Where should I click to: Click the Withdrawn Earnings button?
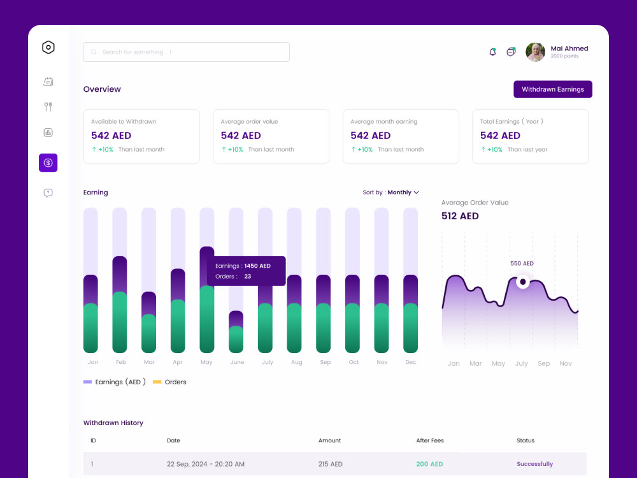(552, 89)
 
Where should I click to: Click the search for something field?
(187, 52)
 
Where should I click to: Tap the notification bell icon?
(493, 52)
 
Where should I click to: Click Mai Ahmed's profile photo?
(535, 52)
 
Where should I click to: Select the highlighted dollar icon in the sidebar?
(48, 163)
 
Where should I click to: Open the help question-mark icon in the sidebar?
(48, 192)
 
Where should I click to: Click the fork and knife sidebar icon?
(48, 106)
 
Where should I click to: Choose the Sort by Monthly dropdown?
(390, 192)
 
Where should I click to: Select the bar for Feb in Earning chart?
(120, 304)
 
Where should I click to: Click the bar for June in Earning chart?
(236, 331)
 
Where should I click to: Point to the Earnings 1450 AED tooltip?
(246, 271)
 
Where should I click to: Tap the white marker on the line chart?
(523, 282)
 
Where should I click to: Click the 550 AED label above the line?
(522, 263)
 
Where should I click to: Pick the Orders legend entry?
(169, 382)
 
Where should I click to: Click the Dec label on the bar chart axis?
(410, 362)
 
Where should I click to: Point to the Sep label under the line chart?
(543, 363)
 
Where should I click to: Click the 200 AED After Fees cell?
(429, 464)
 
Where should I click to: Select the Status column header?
(526, 440)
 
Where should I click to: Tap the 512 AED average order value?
(460, 216)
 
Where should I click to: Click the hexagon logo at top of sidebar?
(48, 47)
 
